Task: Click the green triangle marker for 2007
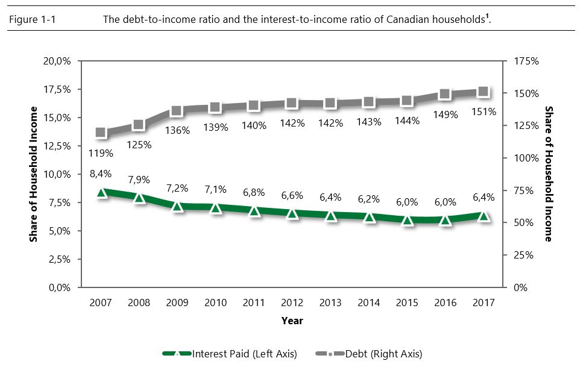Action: (101, 193)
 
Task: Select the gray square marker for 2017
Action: (484, 92)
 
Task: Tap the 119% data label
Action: (101, 153)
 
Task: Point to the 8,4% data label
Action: (101, 174)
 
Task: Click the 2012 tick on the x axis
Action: (292, 303)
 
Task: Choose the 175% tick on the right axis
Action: (525, 61)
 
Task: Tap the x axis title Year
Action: (292, 321)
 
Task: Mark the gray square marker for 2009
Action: (177, 111)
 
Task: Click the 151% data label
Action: (484, 111)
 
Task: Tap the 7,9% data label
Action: (139, 180)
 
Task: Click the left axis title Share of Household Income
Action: (34, 174)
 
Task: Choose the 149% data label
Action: (446, 114)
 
